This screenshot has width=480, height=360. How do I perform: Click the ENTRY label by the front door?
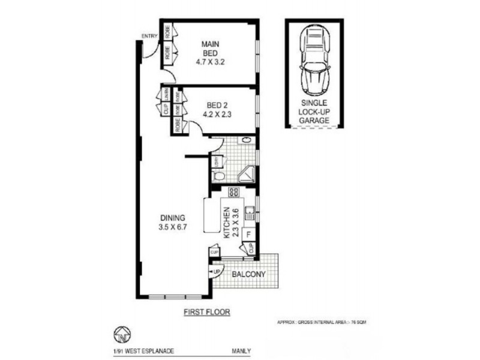click(x=149, y=37)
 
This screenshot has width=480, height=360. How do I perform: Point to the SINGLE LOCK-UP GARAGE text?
click(x=315, y=112)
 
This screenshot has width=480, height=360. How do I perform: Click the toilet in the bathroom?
click(x=220, y=175)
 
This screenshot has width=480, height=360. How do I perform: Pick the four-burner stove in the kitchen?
click(x=234, y=193)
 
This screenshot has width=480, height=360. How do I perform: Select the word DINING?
click(x=172, y=218)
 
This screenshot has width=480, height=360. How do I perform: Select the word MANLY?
click(x=241, y=353)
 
